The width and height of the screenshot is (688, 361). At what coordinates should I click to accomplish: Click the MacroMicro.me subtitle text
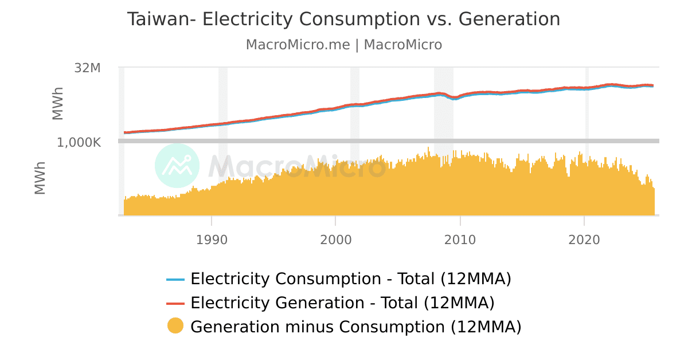pyautogui.click(x=298, y=45)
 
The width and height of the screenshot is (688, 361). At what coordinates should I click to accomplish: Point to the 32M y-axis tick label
pyautogui.click(x=88, y=68)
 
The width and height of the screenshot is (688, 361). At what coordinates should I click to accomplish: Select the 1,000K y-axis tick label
pyautogui.click(x=79, y=142)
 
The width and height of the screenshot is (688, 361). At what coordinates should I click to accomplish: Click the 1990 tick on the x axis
pyautogui.click(x=212, y=240)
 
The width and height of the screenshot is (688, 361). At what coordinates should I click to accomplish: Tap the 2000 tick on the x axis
pyautogui.click(x=335, y=240)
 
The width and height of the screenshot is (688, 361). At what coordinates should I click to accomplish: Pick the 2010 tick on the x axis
pyautogui.click(x=460, y=240)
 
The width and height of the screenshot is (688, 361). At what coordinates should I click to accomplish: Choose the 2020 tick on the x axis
pyautogui.click(x=584, y=240)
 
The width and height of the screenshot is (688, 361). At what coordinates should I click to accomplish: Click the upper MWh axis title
pyautogui.click(x=58, y=104)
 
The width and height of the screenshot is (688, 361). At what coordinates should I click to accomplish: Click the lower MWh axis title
pyautogui.click(x=40, y=178)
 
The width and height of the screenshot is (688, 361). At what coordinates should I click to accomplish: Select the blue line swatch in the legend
pyautogui.click(x=175, y=280)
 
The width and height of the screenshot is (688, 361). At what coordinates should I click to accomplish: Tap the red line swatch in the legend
pyautogui.click(x=175, y=303)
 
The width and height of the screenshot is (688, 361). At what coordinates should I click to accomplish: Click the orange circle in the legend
pyautogui.click(x=175, y=326)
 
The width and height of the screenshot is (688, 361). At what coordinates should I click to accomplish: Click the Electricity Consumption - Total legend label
pyautogui.click(x=350, y=279)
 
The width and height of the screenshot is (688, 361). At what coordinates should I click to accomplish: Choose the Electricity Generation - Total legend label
pyautogui.click(x=342, y=303)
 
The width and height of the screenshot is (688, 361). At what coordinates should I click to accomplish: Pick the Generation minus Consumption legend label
pyautogui.click(x=355, y=327)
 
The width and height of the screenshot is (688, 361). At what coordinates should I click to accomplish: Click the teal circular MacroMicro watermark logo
pyautogui.click(x=177, y=166)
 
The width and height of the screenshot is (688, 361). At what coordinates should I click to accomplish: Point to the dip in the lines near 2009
pyautogui.click(x=454, y=97)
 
